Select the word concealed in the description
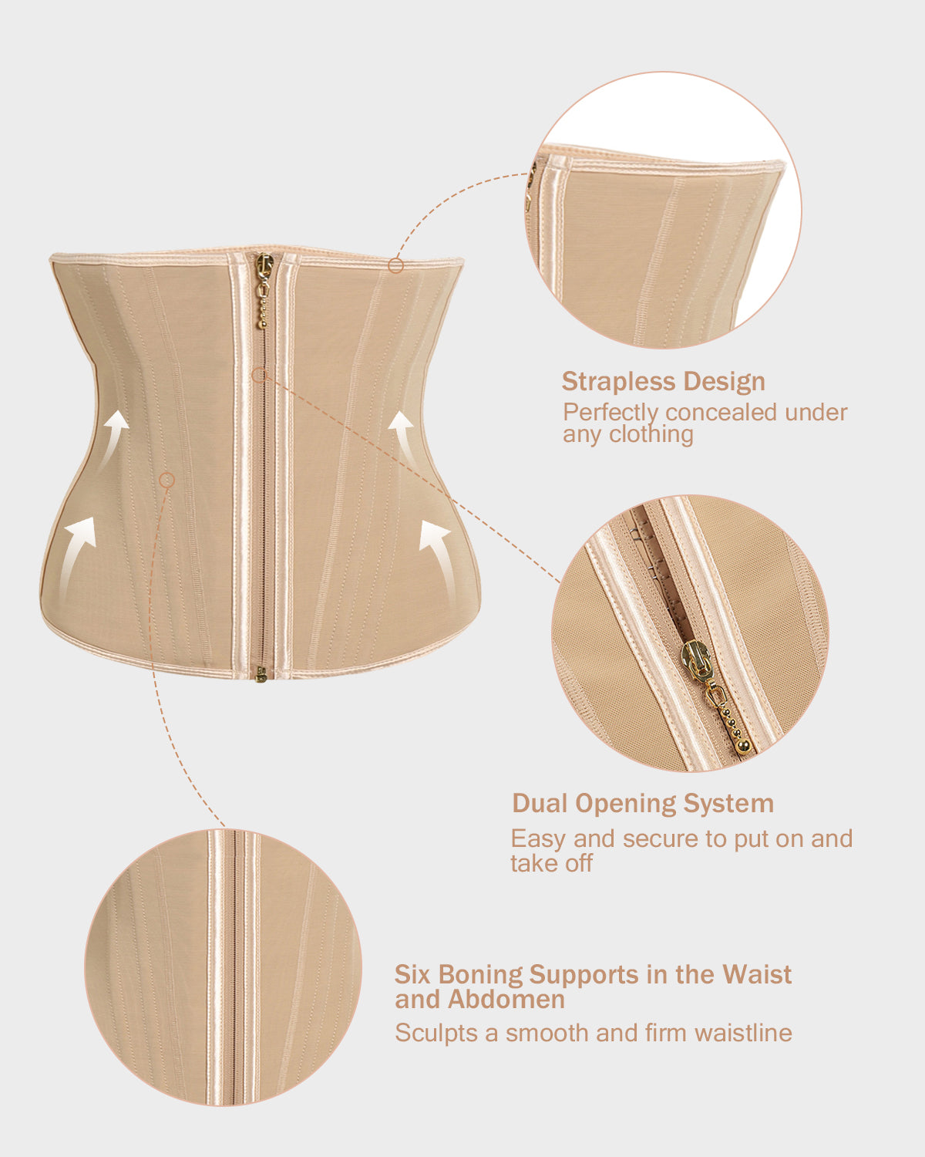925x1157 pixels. (721, 413)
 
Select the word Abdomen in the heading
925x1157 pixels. (506, 1000)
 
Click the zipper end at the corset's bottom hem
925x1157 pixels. (261, 675)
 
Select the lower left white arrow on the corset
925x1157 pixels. (76, 556)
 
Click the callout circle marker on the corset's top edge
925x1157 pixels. (395, 265)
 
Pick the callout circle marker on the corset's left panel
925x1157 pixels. (167, 480)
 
